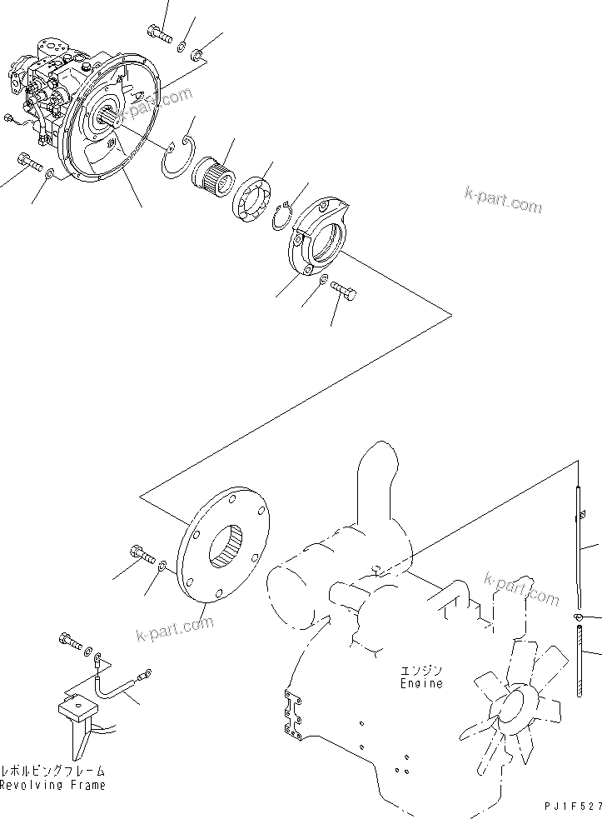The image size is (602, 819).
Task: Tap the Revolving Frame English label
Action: click(x=52, y=786)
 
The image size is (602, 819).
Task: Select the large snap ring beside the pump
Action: click(x=180, y=158)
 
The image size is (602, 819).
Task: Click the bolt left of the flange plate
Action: click(x=142, y=553)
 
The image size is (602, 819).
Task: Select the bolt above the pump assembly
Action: click(x=158, y=33)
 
